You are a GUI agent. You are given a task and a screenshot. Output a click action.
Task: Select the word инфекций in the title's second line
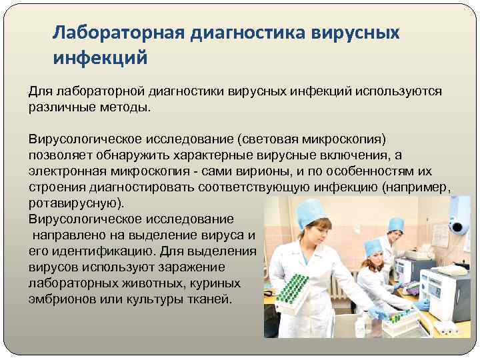(100, 58)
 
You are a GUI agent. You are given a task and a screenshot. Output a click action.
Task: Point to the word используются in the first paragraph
(403, 91)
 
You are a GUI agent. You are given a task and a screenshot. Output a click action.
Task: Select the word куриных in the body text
(219, 283)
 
